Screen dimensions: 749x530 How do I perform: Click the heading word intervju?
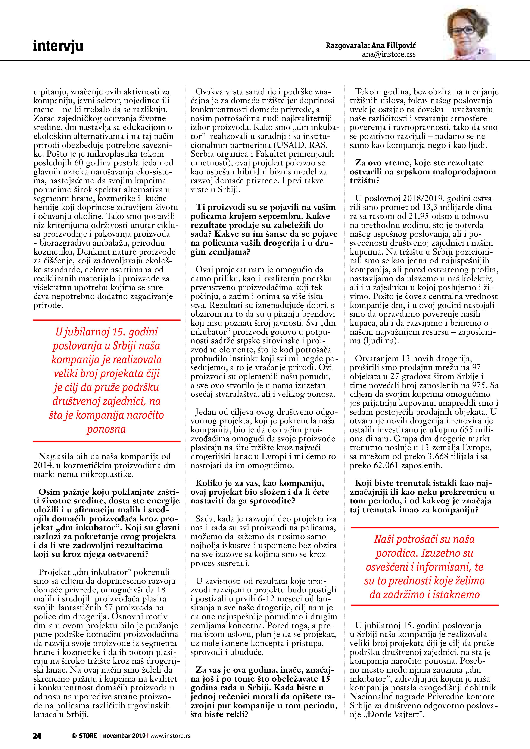tap(58, 46)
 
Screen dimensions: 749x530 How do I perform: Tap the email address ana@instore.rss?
tap(389, 54)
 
